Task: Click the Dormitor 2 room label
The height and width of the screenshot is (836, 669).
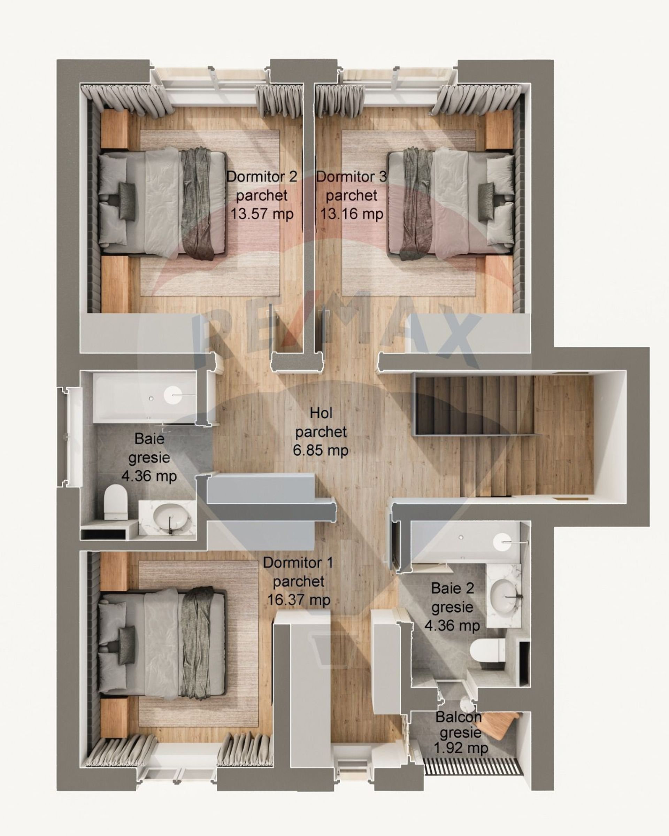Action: (262, 177)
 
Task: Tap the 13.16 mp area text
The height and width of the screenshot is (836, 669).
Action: (351, 214)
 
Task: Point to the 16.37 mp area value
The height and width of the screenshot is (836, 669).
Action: (299, 600)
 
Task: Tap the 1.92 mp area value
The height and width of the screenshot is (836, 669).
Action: (460, 748)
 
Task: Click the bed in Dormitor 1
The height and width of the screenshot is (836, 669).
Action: (162, 643)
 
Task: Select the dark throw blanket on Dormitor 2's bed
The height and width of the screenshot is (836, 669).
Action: (198, 203)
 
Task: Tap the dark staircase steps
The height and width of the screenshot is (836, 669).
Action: (475, 405)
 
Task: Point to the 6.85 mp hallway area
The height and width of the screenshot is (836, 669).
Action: (321, 450)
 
